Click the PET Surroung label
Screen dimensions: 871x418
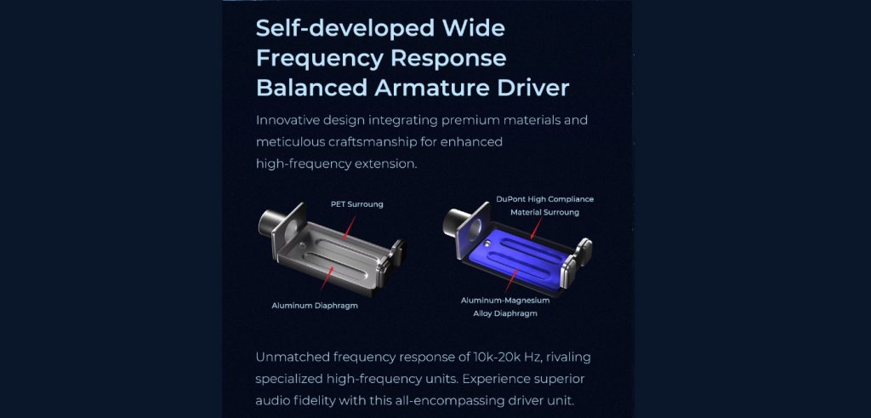pos(356,204)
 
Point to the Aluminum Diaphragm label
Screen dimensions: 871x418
pos(315,305)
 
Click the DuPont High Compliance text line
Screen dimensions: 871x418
pos(544,199)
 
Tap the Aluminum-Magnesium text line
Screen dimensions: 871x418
pos(505,301)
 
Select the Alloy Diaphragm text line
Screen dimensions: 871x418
pos(505,313)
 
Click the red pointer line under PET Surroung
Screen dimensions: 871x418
pos(350,227)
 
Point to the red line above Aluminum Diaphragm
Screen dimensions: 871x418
pos(327,278)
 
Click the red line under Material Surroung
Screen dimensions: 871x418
pos(536,227)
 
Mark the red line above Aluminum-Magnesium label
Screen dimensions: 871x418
pos(511,280)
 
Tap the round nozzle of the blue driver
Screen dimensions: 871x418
pos(456,223)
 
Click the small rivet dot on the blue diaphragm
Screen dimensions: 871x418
pos(487,243)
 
